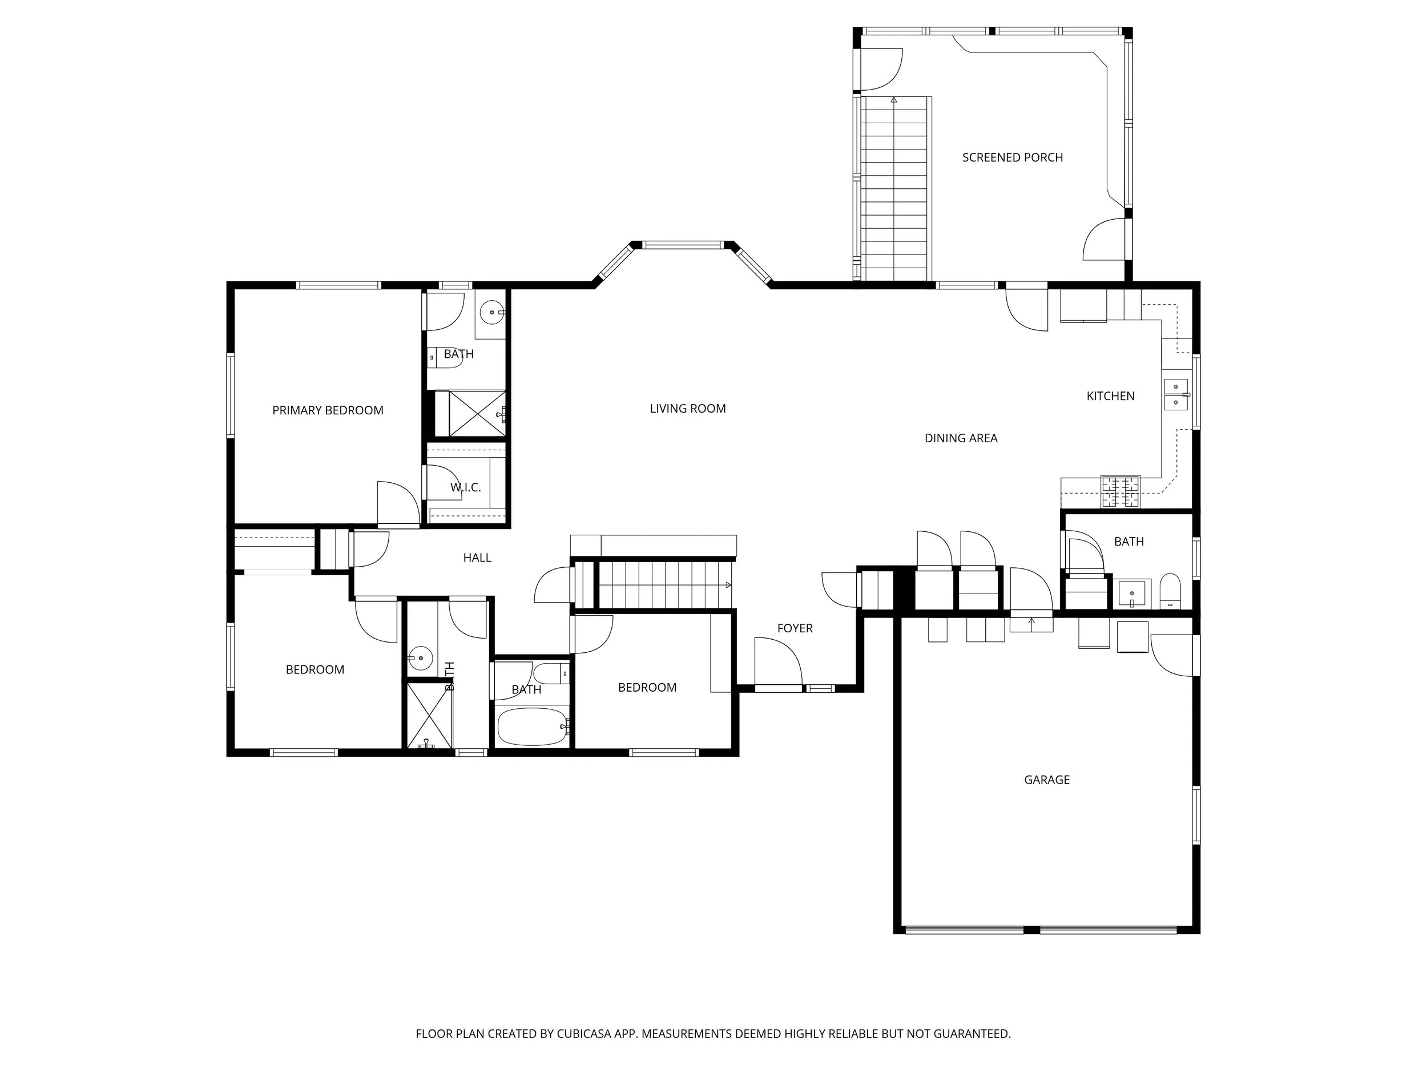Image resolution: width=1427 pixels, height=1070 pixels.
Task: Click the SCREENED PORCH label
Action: (x=1012, y=158)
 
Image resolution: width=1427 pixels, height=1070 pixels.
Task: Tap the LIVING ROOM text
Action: (x=688, y=408)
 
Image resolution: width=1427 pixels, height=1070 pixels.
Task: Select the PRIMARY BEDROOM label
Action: (x=328, y=410)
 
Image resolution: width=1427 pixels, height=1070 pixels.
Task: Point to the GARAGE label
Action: (x=1047, y=780)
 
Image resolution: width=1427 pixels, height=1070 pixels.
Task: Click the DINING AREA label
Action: (x=961, y=438)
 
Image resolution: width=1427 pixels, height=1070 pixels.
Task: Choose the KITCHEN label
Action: (x=1110, y=396)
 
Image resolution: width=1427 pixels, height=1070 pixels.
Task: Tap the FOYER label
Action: (x=795, y=628)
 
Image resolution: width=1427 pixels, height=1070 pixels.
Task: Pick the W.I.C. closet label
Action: (x=466, y=487)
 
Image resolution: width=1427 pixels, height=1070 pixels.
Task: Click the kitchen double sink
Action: (x=1175, y=395)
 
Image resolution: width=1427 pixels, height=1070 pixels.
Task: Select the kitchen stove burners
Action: (x=1120, y=491)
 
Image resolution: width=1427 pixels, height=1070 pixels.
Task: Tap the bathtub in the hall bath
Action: (x=532, y=726)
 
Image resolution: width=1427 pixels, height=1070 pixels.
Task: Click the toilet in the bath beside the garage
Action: (x=1170, y=591)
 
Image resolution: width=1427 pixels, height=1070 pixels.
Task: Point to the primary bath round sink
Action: (x=493, y=313)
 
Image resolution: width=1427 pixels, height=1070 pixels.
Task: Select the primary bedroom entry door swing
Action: (x=398, y=504)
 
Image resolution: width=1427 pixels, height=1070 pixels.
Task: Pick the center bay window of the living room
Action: (x=684, y=245)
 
